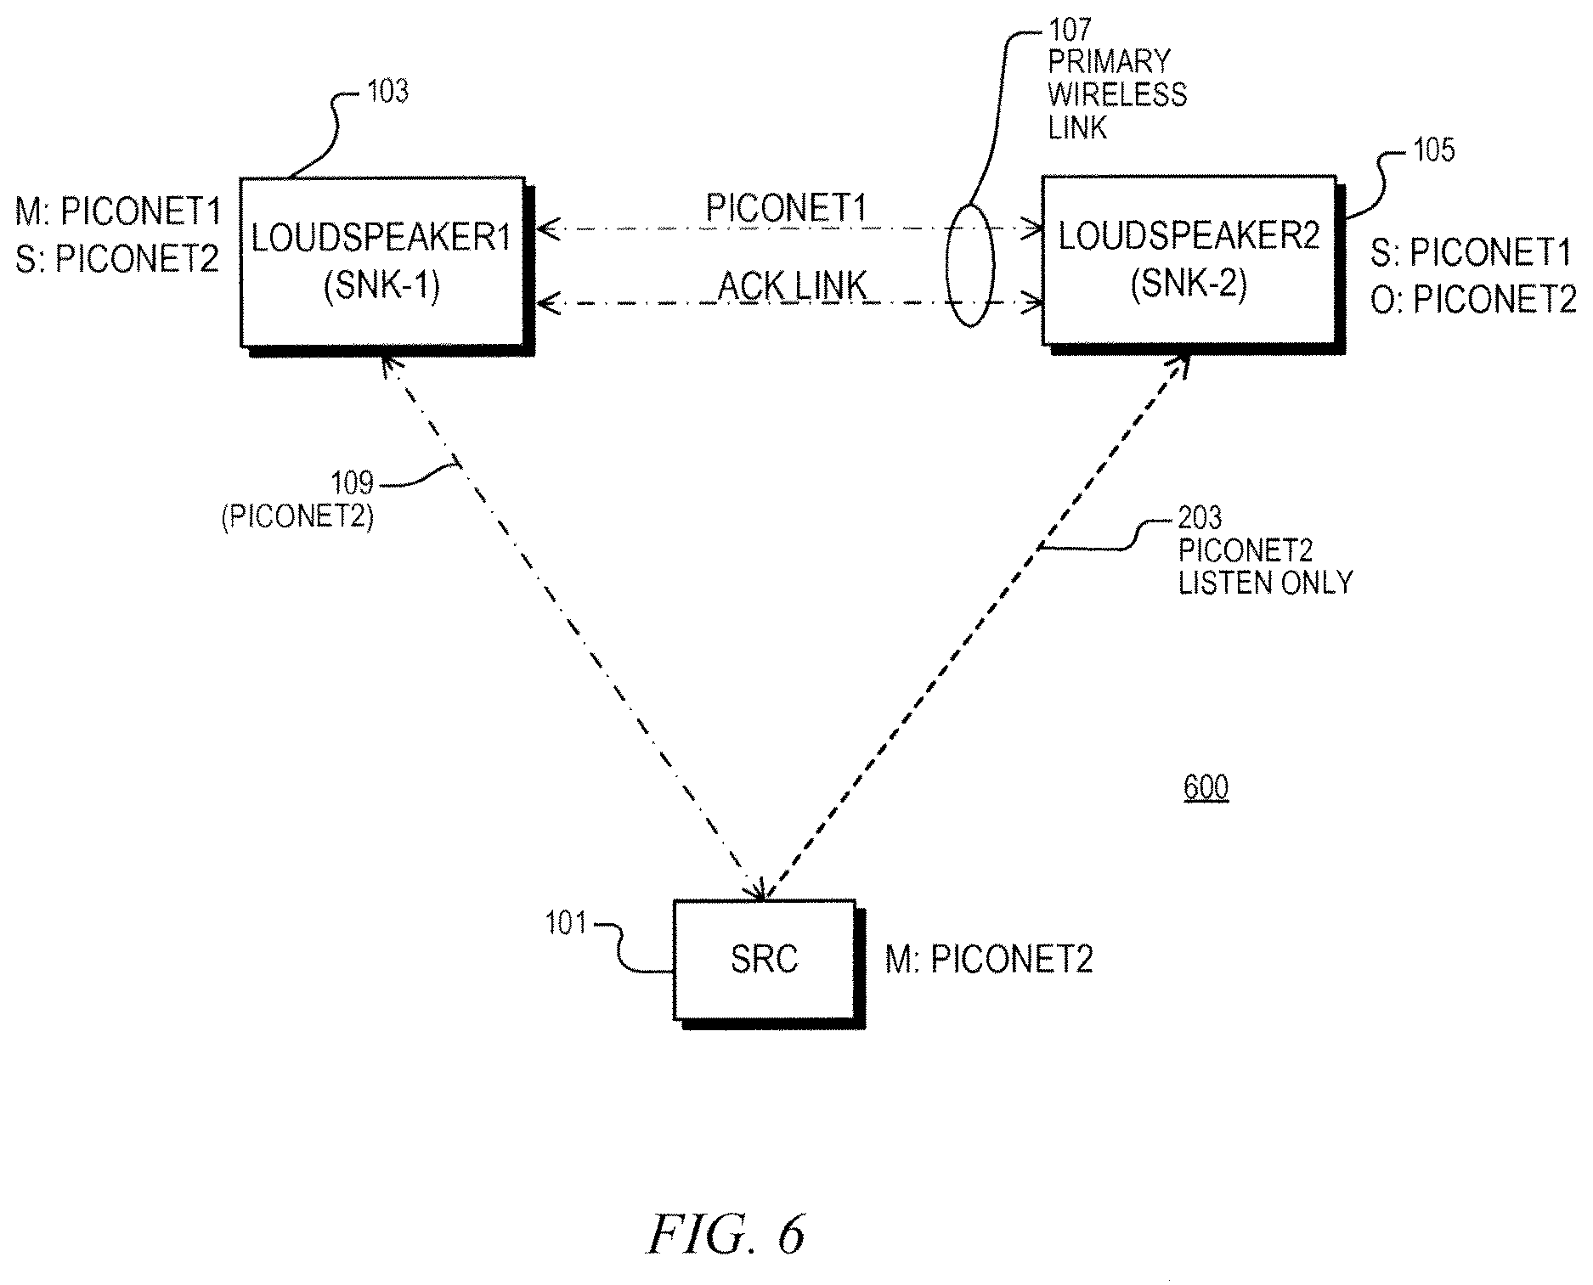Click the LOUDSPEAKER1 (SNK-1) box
382,262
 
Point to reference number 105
1433,150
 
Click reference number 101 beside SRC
566,922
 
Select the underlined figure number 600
1206,787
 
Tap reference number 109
353,483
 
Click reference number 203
1200,517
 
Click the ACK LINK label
792,286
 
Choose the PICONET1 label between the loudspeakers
786,207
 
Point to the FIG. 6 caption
726,1233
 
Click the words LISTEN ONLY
1265,583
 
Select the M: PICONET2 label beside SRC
989,960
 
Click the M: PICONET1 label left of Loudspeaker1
118,212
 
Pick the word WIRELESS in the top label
1118,94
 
